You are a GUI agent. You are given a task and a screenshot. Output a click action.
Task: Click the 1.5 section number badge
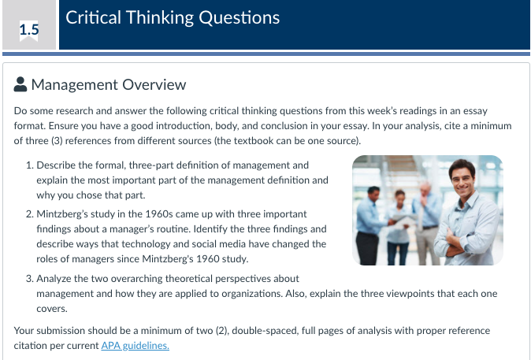point(29,30)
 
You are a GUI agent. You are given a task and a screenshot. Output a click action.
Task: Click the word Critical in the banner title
point(93,17)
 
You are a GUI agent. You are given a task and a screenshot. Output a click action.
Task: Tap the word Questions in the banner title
point(239,17)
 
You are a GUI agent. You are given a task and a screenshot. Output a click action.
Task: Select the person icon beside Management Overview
point(20,84)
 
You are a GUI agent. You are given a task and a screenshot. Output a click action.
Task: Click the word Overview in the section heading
point(154,84)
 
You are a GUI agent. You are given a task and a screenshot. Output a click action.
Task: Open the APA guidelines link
point(136,346)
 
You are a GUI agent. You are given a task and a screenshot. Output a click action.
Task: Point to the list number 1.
point(29,165)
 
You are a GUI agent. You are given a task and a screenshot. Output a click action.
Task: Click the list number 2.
point(29,214)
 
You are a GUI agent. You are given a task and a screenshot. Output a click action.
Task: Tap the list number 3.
point(29,279)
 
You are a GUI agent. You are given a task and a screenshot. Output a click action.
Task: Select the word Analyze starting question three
point(54,279)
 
